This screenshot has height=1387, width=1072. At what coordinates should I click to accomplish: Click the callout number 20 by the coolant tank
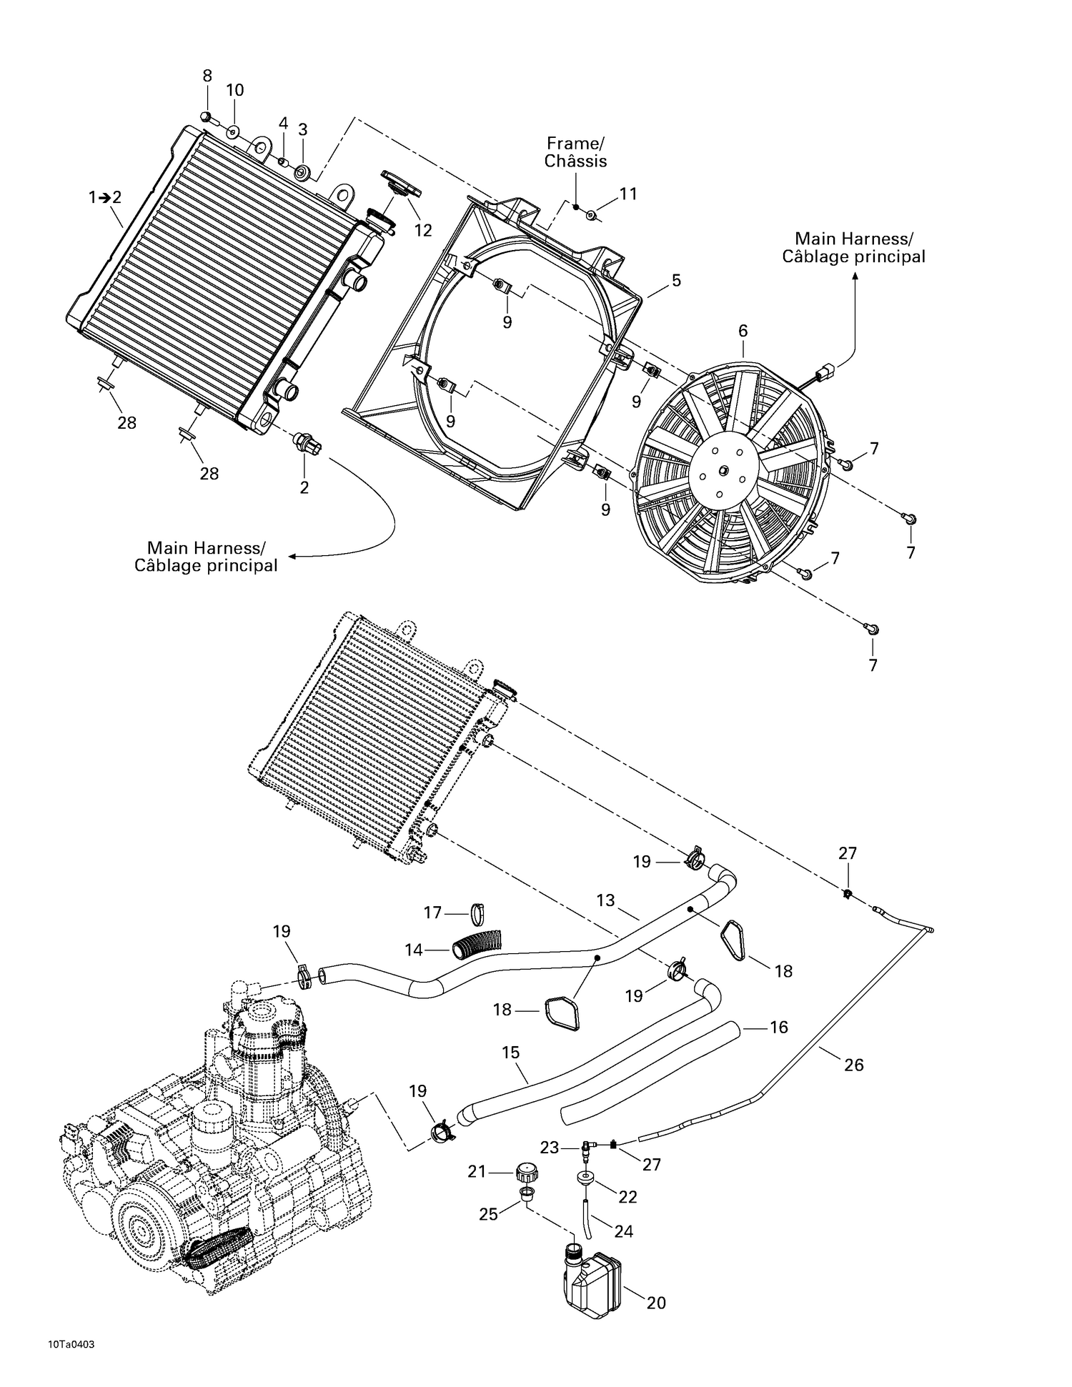(x=655, y=1303)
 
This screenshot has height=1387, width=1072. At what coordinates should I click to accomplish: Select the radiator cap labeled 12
(x=401, y=183)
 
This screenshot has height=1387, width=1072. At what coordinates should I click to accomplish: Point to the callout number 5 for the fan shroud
(x=675, y=281)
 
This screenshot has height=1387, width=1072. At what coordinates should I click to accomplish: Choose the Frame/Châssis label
(x=575, y=152)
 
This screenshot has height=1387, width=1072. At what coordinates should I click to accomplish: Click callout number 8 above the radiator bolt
(x=207, y=76)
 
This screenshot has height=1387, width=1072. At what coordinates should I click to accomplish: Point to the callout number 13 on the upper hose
(x=605, y=900)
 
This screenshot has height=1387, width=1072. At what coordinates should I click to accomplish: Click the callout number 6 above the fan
(x=743, y=331)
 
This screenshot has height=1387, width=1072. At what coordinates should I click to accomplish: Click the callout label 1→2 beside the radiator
(x=105, y=198)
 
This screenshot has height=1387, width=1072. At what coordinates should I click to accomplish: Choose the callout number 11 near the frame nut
(x=627, y=194)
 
